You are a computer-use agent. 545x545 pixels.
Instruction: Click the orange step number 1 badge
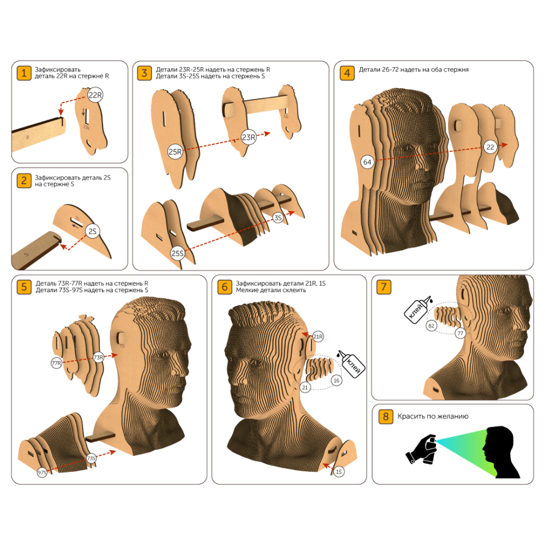point(24,74)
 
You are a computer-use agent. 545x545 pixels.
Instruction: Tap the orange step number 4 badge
point(347,74)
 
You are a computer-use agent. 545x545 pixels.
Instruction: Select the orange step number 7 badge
point(384,287)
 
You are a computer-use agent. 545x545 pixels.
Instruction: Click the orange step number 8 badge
point(386,416)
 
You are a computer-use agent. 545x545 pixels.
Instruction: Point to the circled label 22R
point(95,95)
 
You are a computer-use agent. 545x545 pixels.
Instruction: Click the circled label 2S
point(92,232)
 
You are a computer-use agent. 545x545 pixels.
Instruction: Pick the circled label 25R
point(175,152)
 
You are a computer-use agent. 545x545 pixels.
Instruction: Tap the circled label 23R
point(249,137)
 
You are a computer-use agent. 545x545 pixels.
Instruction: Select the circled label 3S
point(278,218)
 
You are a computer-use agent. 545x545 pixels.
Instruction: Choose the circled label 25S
point(177,253)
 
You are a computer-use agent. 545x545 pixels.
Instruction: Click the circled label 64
point(367,162)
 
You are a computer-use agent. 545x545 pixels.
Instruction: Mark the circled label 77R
point(56,363)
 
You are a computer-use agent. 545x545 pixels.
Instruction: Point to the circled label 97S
point(42,473)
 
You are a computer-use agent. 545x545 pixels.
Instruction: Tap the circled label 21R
point(318,336)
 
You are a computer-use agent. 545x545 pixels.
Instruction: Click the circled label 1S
point(338,471)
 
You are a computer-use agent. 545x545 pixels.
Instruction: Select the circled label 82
point(431,326)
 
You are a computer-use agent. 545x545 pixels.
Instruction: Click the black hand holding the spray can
point(421,450)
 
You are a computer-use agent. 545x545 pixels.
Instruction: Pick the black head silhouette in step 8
point(500,452)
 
